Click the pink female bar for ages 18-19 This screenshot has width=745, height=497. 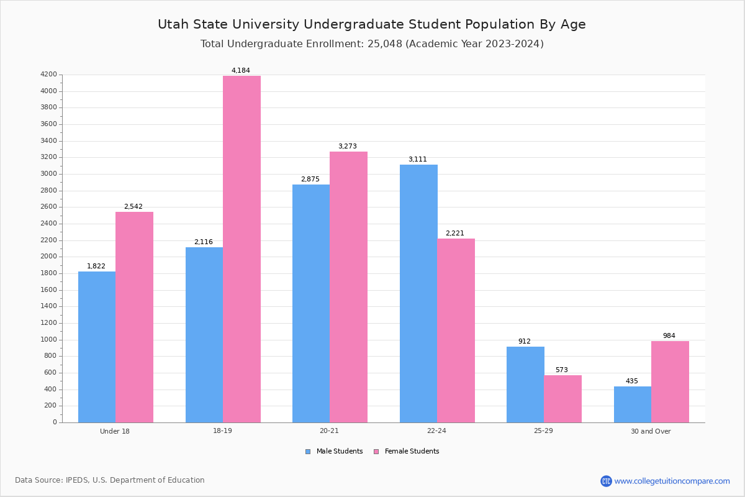242,248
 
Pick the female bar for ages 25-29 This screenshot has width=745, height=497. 562,398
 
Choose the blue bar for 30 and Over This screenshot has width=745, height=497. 633,404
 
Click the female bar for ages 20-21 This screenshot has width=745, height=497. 348,286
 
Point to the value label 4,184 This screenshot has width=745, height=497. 241,71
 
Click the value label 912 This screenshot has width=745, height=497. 525,342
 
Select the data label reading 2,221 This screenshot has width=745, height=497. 454,234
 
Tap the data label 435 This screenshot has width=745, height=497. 631,381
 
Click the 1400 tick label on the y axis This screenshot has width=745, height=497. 49,306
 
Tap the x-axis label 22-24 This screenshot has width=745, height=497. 436,431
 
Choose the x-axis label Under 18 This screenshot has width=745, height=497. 115,431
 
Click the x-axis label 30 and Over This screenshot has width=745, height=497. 651,431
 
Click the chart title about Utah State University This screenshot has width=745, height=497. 371,24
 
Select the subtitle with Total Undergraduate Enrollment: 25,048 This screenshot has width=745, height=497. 371,44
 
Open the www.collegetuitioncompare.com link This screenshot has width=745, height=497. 672,481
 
